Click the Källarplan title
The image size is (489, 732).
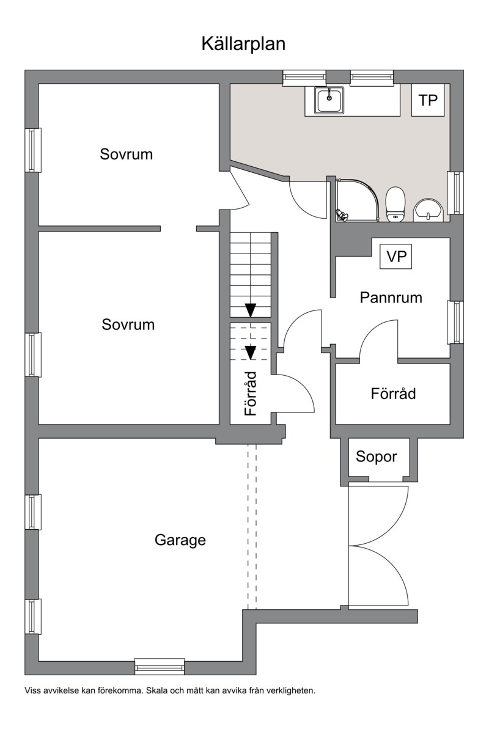pos(243,44)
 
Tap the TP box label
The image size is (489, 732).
pos(428,100)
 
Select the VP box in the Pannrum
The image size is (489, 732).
pos(396,257)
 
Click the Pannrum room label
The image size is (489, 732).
pos(391,298)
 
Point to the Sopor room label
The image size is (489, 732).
pos(377,456)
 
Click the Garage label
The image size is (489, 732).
pos(180,540)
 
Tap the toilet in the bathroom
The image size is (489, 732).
pos(395,204)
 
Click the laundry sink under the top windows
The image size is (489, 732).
pos(329,100)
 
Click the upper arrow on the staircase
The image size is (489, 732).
pos(251,309)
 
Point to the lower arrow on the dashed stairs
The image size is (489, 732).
pos(250,352)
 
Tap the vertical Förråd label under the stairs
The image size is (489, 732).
pos(250,394)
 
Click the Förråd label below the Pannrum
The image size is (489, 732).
pos(393,393)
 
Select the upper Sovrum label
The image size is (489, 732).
pos(126,154)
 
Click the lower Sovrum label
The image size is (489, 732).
pos(128,324)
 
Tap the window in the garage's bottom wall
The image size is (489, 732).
pos(160,666)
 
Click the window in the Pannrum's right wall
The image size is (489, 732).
pos(455,322)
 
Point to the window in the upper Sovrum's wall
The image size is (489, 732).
pos(33,150)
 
